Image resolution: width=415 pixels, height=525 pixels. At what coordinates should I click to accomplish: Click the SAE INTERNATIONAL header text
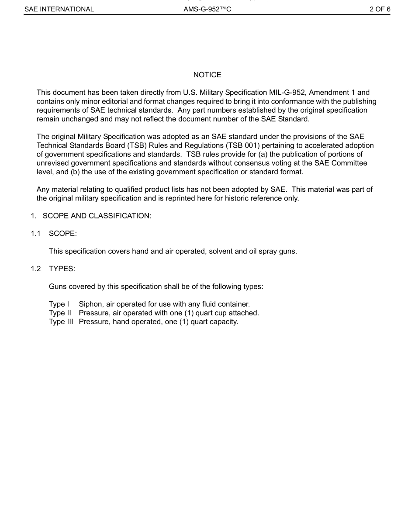59,9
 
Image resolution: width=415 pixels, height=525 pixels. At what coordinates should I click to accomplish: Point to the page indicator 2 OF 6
380,9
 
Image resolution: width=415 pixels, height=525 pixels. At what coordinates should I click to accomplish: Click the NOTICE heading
207,75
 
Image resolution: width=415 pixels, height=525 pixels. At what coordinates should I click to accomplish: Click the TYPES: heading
62,269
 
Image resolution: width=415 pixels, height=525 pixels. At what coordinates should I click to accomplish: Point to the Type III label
61,322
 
